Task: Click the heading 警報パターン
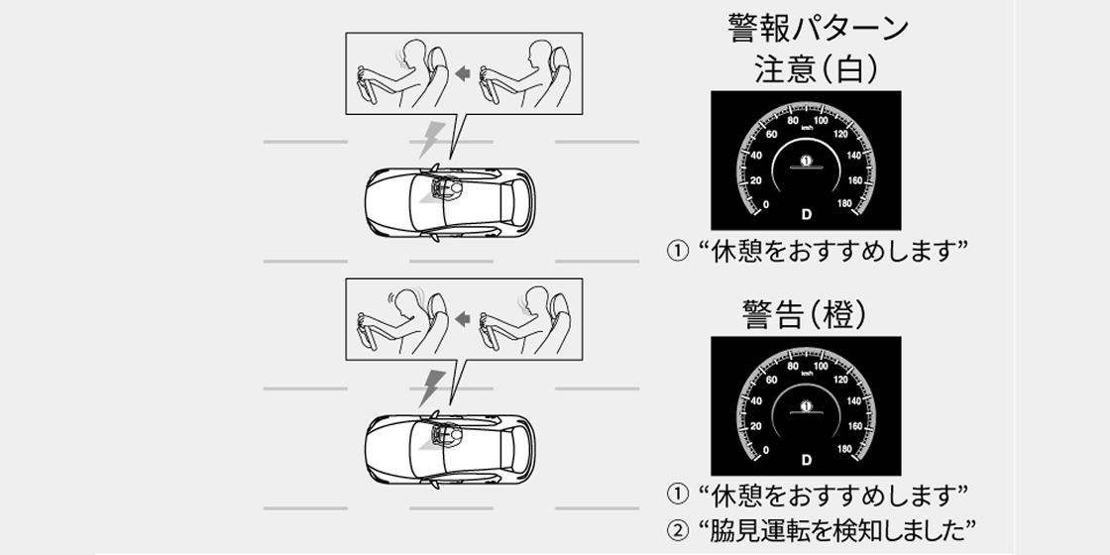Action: tap(818, 29)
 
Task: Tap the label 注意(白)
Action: tap(817, 69)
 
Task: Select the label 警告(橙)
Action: tap(805, 313)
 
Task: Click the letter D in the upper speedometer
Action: tap(807, 214)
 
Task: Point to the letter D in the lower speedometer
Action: tap(807, 460)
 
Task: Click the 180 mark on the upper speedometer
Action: tap(844, 204)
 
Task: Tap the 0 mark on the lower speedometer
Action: tap(766, 450)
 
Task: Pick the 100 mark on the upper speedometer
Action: tap(822, 120)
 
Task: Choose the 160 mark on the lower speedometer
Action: tap(855, 426)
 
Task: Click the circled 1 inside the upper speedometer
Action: tap(806, 161)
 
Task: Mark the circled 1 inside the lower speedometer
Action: tap(806, 406)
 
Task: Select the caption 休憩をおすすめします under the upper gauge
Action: tap(832, 252)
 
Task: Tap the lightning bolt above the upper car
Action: tap(430, 140)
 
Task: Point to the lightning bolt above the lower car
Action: tap(430, 388)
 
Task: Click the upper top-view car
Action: tap(450, 202)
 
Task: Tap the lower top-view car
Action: tap(450, 449)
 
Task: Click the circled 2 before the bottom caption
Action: tap(678, 529)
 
